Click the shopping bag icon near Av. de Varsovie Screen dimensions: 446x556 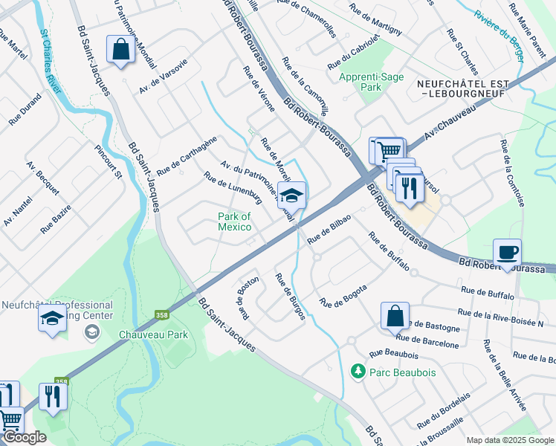click(x=119, y=49)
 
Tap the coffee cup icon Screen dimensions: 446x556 click(x=507, y=252)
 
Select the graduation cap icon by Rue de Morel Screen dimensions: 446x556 click(x=292, y=195)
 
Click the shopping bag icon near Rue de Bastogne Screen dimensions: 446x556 click(x=395, y=315)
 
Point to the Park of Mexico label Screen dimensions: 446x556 click(x=234, y=222)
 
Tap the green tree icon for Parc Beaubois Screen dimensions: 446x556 click(x=358, y=370)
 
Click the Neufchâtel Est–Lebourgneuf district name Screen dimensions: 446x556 click(x=462, y=88)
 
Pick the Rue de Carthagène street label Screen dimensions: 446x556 click(x=187, y=151)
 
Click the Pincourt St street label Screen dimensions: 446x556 click(x=107, y=162)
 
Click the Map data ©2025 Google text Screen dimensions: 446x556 click(x=510, y=440)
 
